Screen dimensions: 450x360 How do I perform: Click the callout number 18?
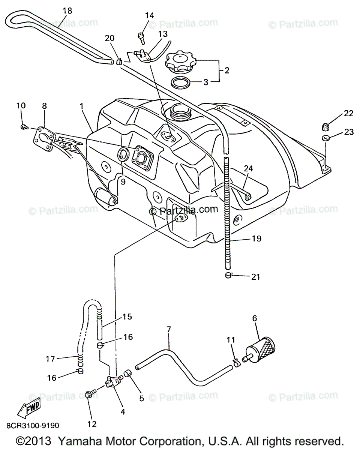(x=67, y=10)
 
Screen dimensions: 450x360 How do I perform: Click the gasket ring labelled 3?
(x=180, y=82)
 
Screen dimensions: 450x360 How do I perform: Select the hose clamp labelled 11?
(x=236, y=362)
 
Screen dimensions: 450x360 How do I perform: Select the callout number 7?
(x=168, y=330)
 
